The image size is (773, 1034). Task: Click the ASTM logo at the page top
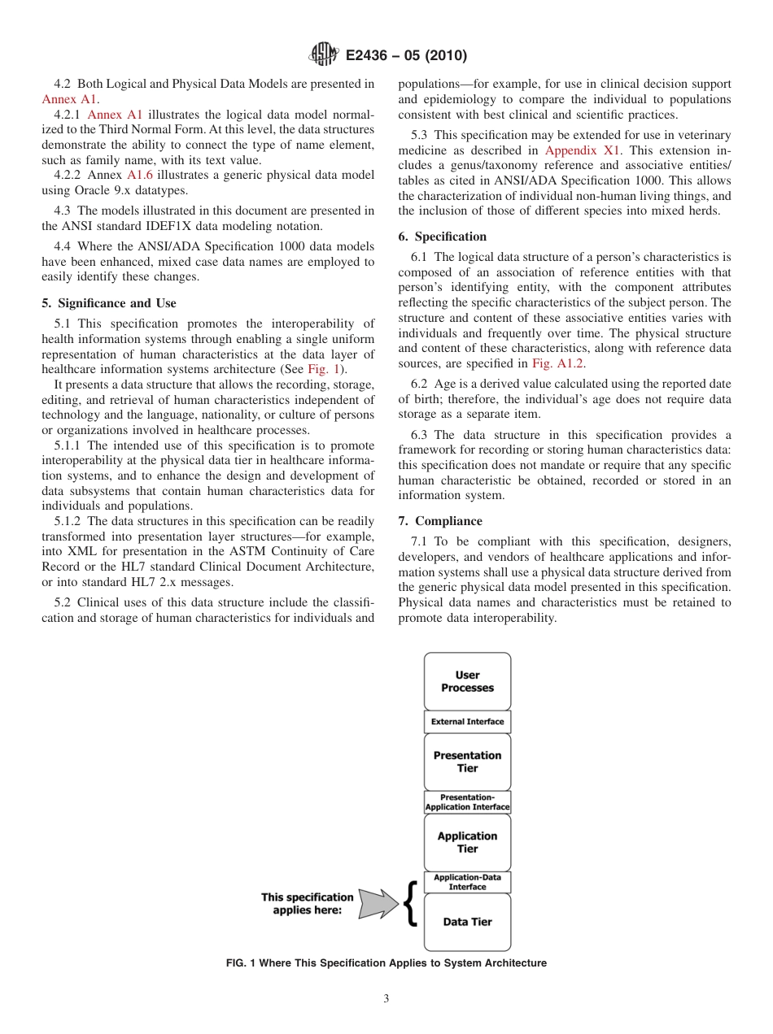point(324,55)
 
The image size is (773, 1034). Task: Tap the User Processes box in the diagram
point(467,681)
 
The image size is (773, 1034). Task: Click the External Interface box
point(467,722)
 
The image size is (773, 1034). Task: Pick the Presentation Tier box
point(467,762)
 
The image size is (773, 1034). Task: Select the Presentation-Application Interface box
point(467,802)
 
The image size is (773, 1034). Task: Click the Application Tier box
point(467,842)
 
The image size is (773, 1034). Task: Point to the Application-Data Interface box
point(467,882)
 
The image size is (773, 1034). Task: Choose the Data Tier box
point(467,922)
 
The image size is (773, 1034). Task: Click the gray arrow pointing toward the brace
point(376,903)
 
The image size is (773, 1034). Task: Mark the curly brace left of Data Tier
point(411,903)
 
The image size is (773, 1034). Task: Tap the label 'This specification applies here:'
point(307,904)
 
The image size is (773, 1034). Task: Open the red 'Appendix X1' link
point(582,150)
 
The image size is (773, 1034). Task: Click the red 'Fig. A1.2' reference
point(557,363)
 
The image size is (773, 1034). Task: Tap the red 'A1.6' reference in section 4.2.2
point(140,175)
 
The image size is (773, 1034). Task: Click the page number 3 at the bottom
point(386,999)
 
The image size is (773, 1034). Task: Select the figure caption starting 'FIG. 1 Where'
point(386,963)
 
